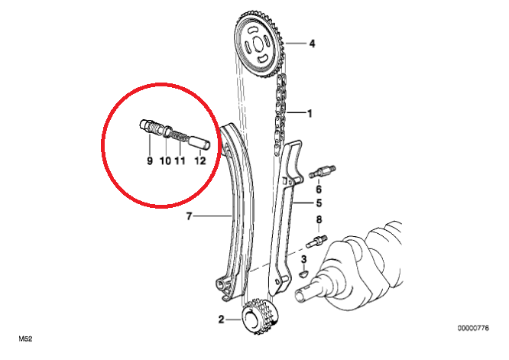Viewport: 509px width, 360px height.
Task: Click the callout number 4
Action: (312, 44)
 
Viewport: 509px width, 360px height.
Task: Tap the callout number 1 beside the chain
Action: (310, 113)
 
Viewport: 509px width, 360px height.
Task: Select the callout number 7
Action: (190, 216)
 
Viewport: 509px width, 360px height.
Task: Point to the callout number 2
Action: (221, 319)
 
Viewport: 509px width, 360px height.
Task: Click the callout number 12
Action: (200, 161)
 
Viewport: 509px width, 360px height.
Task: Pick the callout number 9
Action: (150, 161)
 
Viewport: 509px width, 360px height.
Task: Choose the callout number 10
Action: (165, 161)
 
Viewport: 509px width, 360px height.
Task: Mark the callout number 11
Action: (180, 161)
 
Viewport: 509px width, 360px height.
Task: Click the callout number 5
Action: (319, 203)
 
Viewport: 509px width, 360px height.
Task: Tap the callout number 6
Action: (319, 189)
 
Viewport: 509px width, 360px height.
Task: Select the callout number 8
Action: (319, 220)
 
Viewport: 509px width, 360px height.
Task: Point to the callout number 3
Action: (303, 259)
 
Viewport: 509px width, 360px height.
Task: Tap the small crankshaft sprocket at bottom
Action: (259, 317)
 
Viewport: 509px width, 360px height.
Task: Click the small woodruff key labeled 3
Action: (304, 274)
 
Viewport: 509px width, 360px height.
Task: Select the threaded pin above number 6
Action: (323, 171)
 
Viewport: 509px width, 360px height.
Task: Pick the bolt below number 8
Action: (316, 242)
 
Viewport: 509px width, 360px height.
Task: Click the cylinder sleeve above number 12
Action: (199, 142)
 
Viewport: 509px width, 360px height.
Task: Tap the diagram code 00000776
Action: (473, 328)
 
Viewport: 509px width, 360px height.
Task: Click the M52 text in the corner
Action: (25, 339)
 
